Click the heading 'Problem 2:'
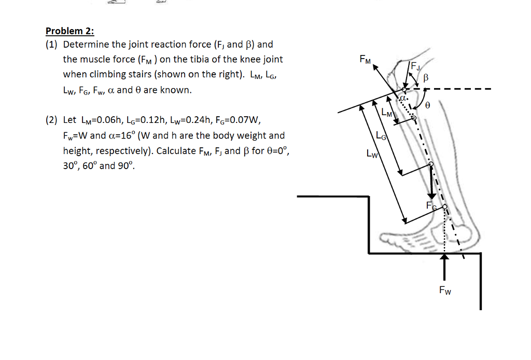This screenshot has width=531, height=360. [x=66, y=31]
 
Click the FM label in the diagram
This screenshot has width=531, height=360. [x=365, y=60]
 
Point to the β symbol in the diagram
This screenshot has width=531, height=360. [x=426, y=78]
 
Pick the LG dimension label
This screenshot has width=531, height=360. [x=381, y=136]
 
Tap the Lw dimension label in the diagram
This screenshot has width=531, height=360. [x=371, y=154]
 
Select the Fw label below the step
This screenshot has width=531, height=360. [x=444, y=290]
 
